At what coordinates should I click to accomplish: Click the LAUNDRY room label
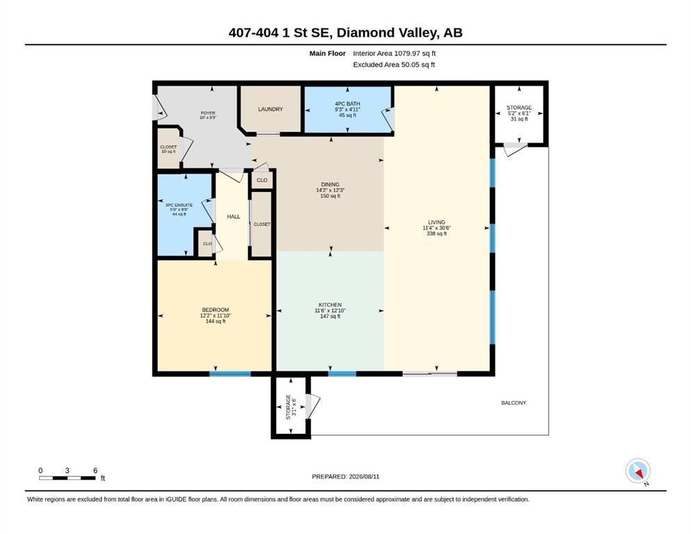pos(271,109)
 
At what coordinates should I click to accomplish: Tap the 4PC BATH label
pos(348,104)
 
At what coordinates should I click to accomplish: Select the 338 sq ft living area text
pos(437,234)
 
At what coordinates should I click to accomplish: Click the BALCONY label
pos(514,403)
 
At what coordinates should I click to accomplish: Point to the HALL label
pos(234,217)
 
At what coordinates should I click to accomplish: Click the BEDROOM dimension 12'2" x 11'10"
pos(216,316)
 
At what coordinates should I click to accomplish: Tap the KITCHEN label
pos(330,305)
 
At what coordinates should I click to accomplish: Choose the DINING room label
pos(330,184)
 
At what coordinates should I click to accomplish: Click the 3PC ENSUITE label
pos(179,205)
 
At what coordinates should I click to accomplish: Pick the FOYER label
pos(208,113)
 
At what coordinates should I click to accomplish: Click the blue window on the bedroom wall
pos(230,374)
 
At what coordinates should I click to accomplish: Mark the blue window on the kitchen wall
pos(342,374)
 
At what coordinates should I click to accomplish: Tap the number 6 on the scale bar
pos(95,471)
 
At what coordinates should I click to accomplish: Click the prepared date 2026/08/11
pos(364,476)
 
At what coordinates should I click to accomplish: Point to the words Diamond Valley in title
pos(388,33)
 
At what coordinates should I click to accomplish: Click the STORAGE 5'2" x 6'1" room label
pos(519,107)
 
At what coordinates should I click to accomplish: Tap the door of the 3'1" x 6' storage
pos(314,406)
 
